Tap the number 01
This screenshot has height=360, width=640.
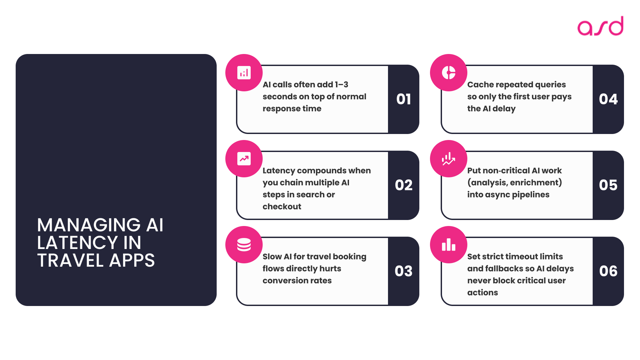pyautogui.click(x=403, y=99)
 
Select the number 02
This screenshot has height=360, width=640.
pyautogui.click(x=403, y=185)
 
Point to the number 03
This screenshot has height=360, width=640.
pyautogui.click(x=403, y=271)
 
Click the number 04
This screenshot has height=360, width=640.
pyautogui.click(x=608, y=99)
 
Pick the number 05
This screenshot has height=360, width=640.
pyautogui.click(x=608, y=185)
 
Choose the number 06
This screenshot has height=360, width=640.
pyautogui.click(x=608, y=271)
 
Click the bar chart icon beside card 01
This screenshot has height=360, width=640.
pyautogui.click(x=244, y=73)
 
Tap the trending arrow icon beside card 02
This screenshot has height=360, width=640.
pyautogui.click(x=244, y=159)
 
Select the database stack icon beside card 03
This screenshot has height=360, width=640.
pyautogui.click(x=244, y=245)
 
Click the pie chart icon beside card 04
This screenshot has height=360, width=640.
pyautogui.click(x=449, y=73)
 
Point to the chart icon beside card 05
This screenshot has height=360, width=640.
pyautogui.click(x=449, y=159)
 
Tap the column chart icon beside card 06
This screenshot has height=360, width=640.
pyautogui.click(x=449, y=245)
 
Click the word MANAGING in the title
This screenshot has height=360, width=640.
pyautogui.click(x=89, y=225)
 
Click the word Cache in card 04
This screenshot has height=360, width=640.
pyautogui.click(x=480, y=85)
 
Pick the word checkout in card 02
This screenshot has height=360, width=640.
pyautogui.click(x=282, y=207)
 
